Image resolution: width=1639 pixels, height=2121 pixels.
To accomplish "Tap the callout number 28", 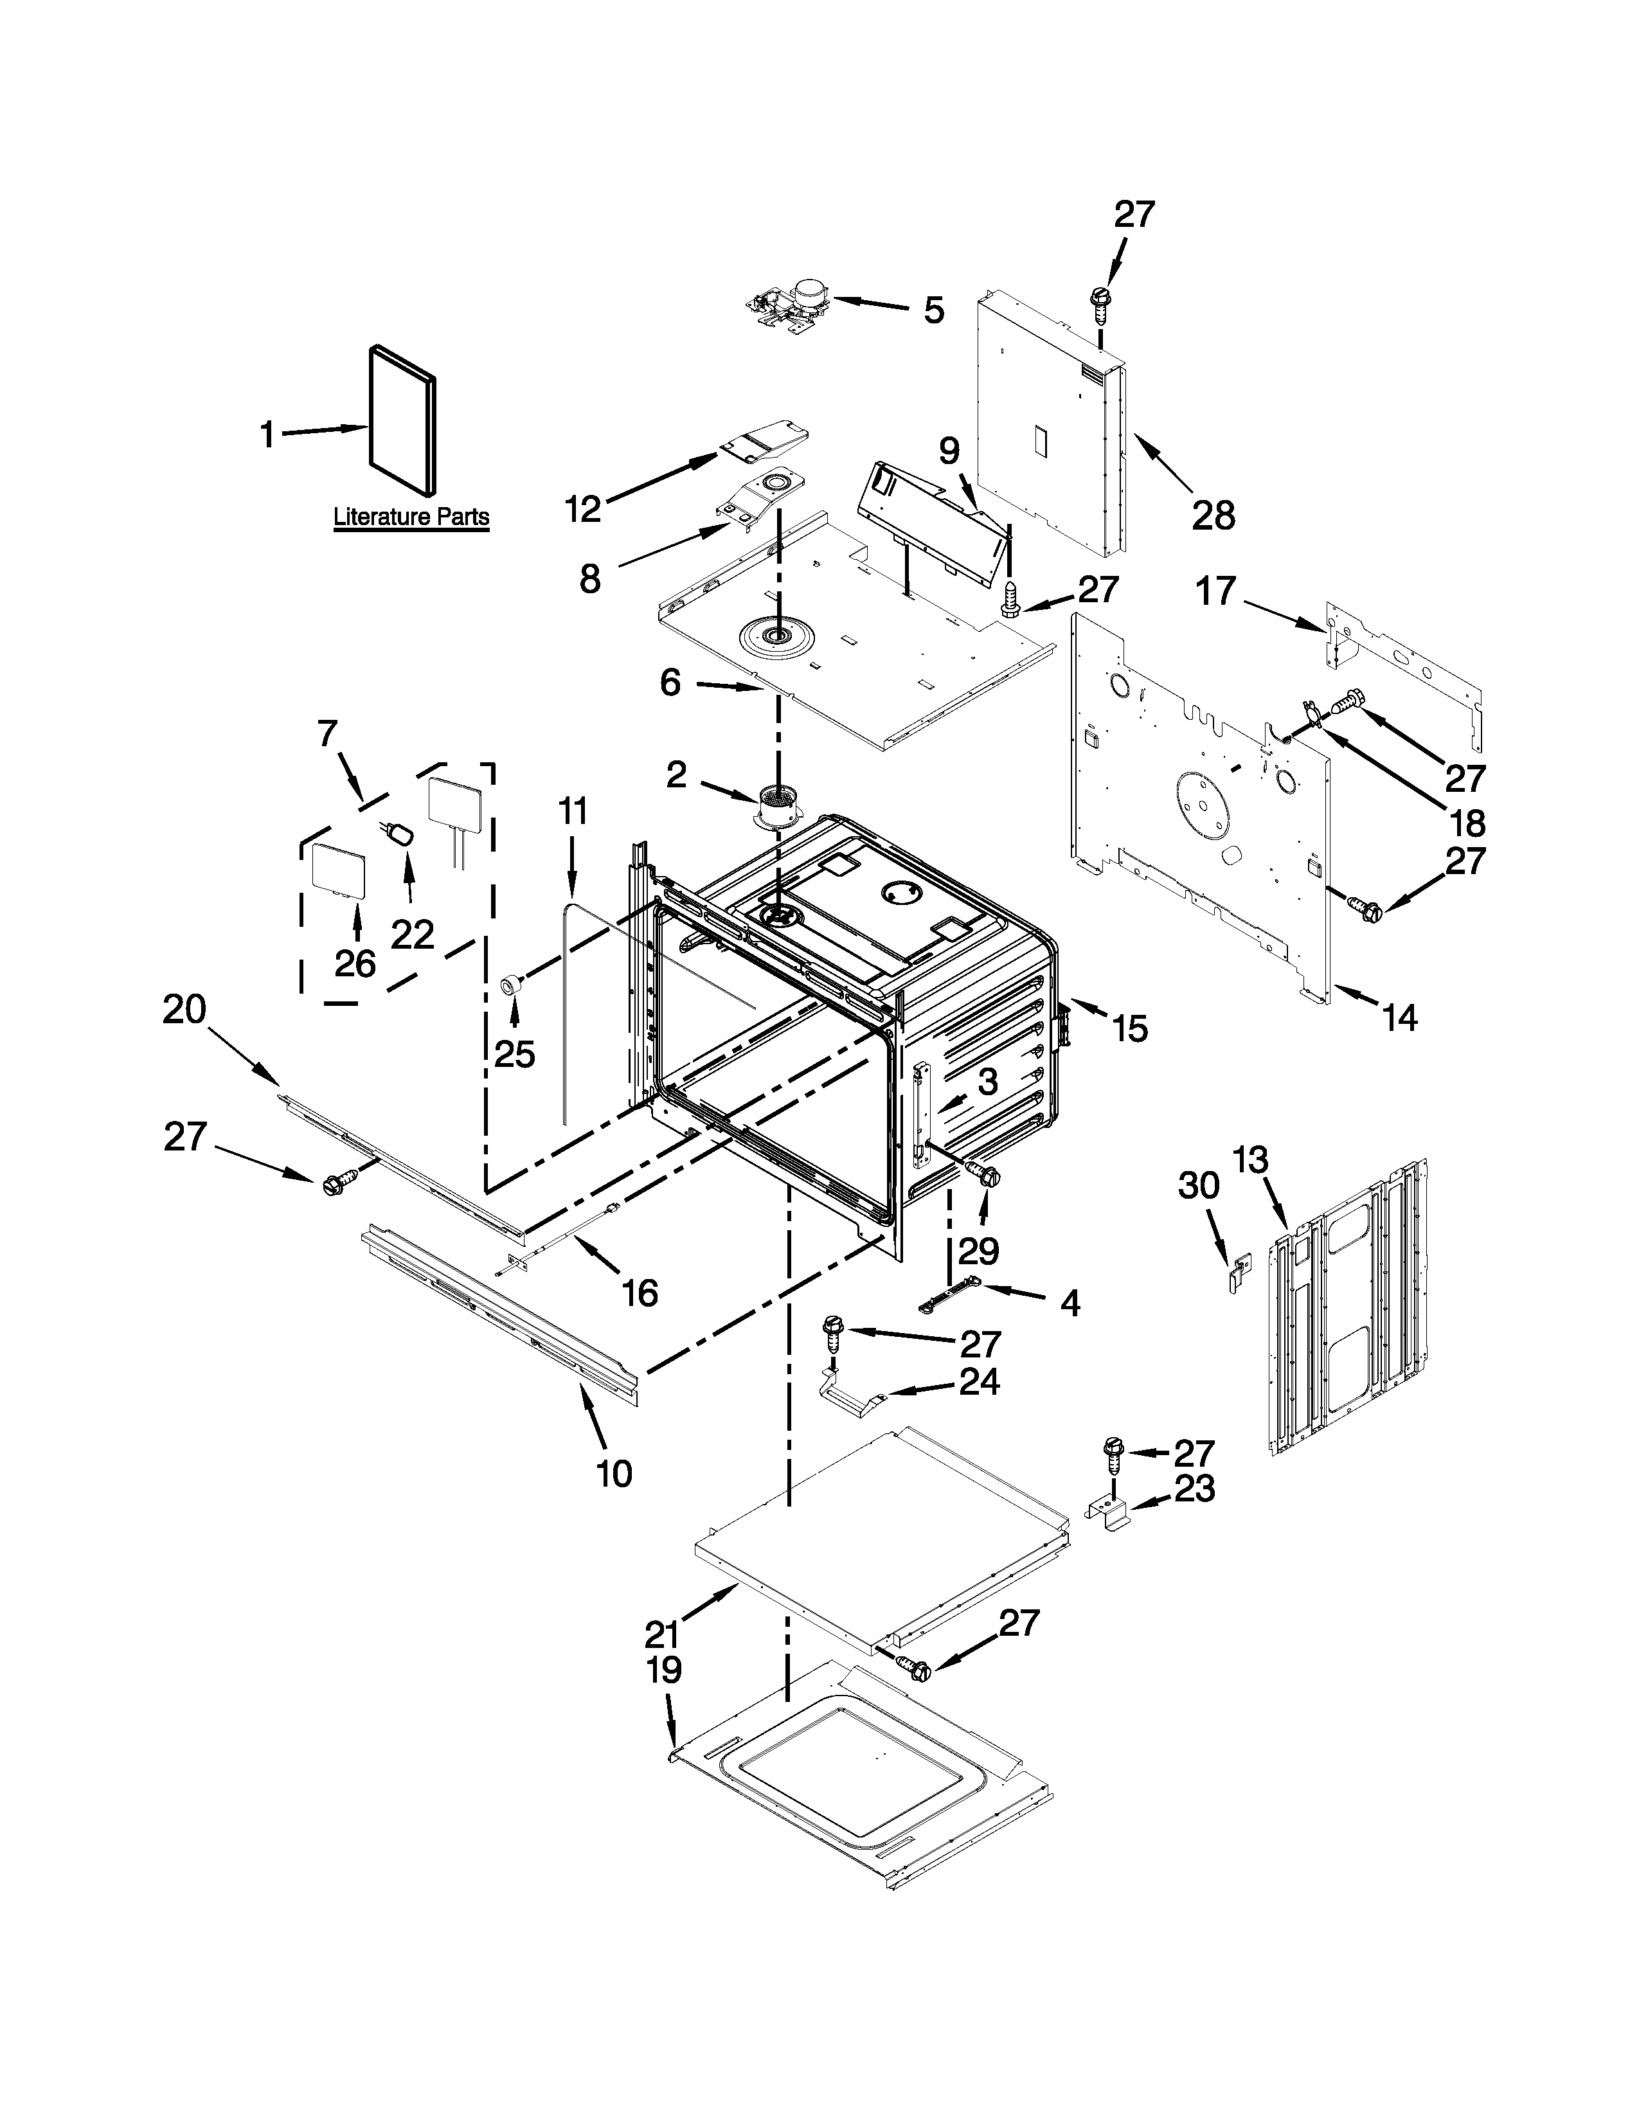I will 1213,515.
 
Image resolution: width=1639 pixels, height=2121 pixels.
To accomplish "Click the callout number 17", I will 1215,591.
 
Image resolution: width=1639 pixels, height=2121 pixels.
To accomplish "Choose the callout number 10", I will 614,1473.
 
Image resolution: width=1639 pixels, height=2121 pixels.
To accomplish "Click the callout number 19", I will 663,1670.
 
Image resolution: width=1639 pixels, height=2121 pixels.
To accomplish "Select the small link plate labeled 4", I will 947,1296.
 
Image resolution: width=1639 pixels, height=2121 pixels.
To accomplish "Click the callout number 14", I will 1399,1018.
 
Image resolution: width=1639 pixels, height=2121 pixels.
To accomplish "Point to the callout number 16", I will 640,1292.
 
